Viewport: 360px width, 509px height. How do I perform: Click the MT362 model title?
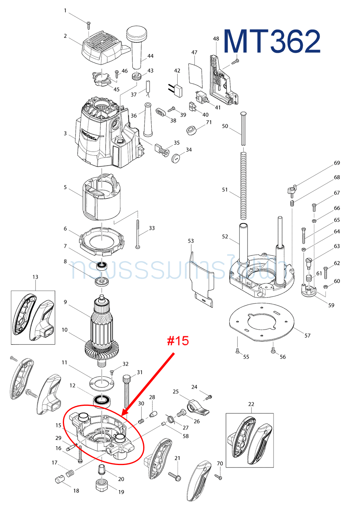(x=272, y=41)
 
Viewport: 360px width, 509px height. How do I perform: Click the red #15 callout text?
(x=178, y=341)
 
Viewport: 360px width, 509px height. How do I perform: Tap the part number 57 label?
(x=307, y=335)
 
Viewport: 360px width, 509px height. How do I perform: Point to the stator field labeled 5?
(x=102, y=198)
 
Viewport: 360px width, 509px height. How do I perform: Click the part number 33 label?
(x=152, y=228)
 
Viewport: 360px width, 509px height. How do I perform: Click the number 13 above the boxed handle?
(x=35, y=277)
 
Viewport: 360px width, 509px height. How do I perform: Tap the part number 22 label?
(x=251, y=404)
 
